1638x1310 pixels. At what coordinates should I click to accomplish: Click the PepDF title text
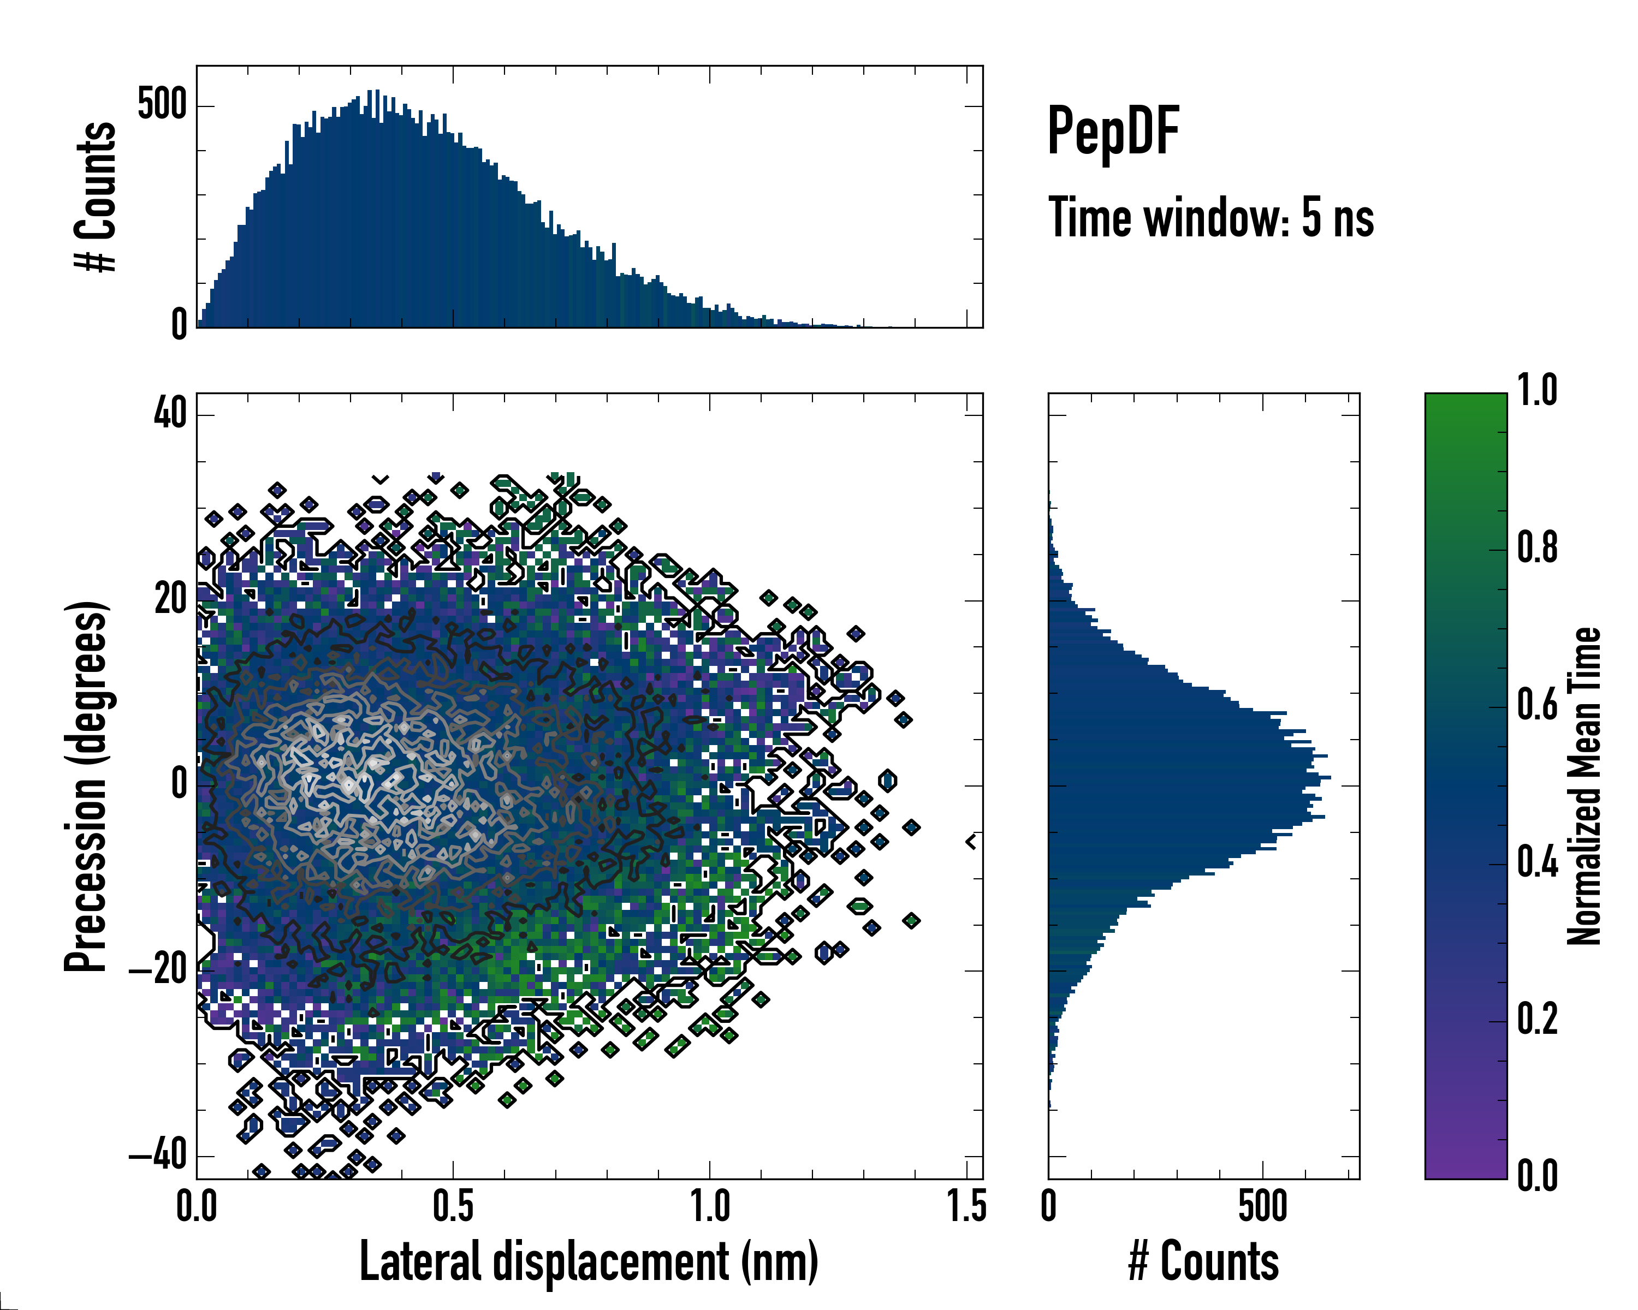pyautogui.click(x=1112, y=132)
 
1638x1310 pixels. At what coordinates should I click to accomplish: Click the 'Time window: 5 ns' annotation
pyautogui.click(x=1210, y=218)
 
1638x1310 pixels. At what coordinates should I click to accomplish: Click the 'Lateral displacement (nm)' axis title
pyautogui.click(x=589, y=1261)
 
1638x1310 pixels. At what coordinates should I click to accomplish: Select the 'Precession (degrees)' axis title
pyautogui.click(x=85, y=787)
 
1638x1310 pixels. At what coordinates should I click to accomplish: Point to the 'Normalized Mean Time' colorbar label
pyautogui.click(x=1584, y=786)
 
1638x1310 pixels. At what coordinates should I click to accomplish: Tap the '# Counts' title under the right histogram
pyautogui.click(x=1203, y=1261)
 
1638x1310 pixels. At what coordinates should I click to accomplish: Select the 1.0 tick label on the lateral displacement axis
pyautogui.click(x=710, y=1207)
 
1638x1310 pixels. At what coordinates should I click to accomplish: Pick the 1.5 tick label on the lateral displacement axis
pyautogui.click(x=966, y=1207)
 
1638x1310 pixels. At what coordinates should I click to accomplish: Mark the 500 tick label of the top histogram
pyautogui.click(x=161, y=104)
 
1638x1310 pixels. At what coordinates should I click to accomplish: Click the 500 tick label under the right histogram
pyautogui.click(x=1263, y=1207)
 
